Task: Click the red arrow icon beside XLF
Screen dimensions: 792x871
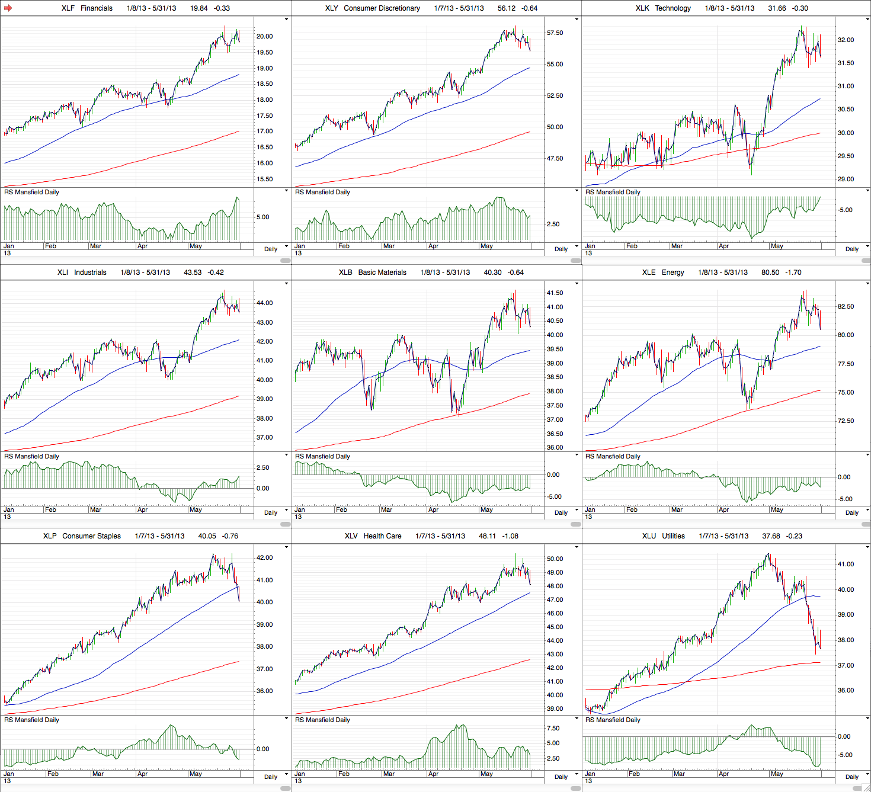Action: pos(8,8)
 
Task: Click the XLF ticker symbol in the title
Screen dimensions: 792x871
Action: pos(68,8)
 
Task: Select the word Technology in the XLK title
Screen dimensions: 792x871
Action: pos(673,8)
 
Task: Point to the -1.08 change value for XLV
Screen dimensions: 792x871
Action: pos(510,536)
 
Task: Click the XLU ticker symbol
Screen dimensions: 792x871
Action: pos(649,536)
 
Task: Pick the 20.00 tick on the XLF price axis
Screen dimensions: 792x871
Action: pos(264,36)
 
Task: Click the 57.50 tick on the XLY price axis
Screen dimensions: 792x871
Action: pos(555,33)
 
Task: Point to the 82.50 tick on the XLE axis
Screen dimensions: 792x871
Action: pos(846,307)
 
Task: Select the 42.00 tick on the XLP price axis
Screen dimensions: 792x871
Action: pos(264,558)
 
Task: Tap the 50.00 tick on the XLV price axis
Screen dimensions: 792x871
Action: pos(555,559)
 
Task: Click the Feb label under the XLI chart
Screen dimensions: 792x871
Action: pos(51,510)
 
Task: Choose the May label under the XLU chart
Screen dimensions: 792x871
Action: pos(777,774)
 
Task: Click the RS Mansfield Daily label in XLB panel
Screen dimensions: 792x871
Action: pos(322,457)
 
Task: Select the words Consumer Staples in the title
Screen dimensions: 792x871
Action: pos(91,536)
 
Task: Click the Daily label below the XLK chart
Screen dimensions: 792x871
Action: pos(852,249)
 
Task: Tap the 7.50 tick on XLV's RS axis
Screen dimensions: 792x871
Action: pos(553,729)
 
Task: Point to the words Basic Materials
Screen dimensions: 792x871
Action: pos(382,272)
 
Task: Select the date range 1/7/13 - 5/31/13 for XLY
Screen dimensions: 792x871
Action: pos(459,8)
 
